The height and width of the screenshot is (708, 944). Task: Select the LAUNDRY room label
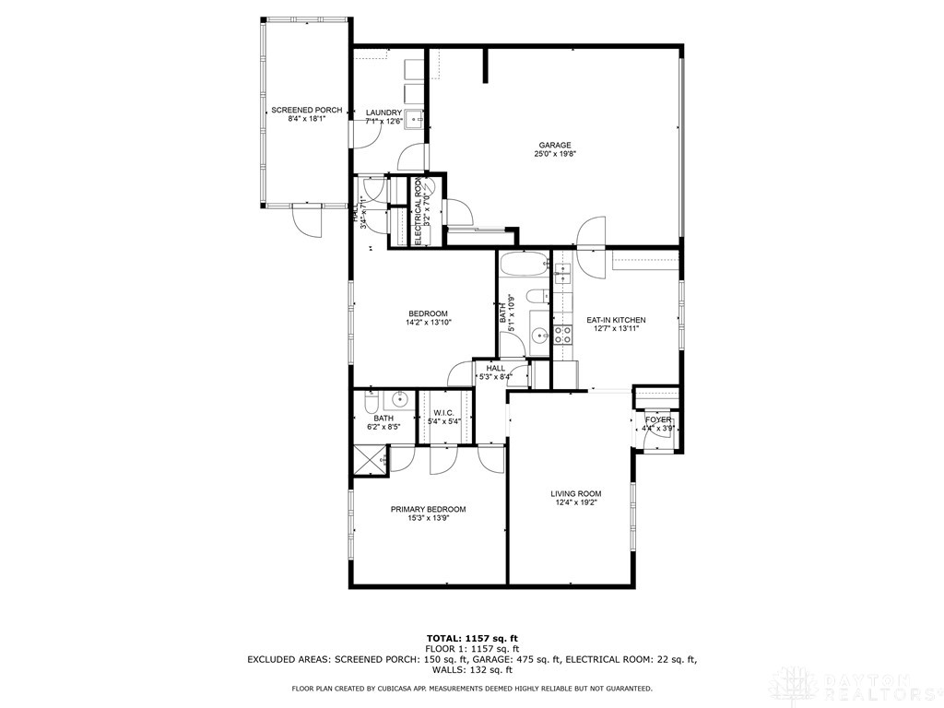pyautogui.click(x=383, y=112)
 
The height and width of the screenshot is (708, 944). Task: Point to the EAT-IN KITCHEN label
pyautogui.click(x=616, y=320)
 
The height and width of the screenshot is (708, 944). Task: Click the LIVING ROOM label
pyautogui.click(x=578, y=493)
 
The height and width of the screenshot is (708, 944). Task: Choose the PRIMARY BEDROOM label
pyautogui.click(x=428, y=509)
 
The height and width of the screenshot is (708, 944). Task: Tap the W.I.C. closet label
pyautogui.click(x=444, y=413)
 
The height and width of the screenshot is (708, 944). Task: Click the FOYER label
pyautogui.click(x=658, y=419)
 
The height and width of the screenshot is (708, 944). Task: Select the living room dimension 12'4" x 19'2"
pyautogui.click(x=578, y=502)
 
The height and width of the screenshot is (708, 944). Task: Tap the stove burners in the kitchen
pyautogui.click(x=562, y=334)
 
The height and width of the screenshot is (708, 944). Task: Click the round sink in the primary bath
pyautogui.click(x=400, y=400)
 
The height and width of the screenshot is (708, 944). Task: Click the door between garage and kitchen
pyautogui.click(x=590, y=232)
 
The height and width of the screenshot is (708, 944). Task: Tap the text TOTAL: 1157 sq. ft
pyautogui.click(x=472, y=638)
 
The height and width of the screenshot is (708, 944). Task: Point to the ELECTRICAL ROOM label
pyautogui.click(x=419, y=211)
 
